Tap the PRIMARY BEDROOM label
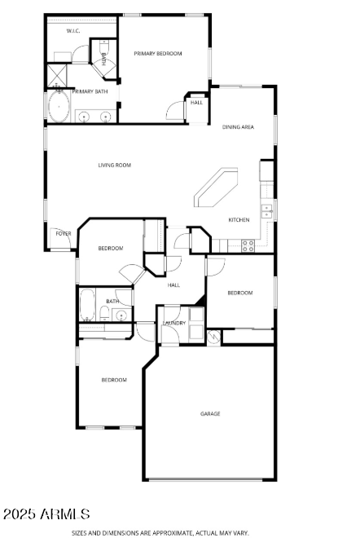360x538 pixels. [x=158, y=53]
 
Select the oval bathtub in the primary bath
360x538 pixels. [x=59, y=107]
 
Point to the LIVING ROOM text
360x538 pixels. [x=115, y=165]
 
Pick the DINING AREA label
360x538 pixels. [x=238, y=126]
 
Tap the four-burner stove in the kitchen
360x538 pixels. [x=247, y=244]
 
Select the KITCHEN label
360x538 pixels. [x=239, y=220]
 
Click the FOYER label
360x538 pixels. [x=64, y=234]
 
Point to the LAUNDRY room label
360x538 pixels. [x=174, y=323]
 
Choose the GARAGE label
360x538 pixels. [x=210, y=413]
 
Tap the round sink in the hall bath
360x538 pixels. [x=121, y=314]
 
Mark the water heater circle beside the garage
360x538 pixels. [x=213, y=336]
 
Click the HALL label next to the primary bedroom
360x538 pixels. [x=197, y=103]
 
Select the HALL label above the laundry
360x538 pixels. [x=173, y=285]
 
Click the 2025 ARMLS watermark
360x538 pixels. [x=46, y=514]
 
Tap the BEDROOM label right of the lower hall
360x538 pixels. [x=239, y=293]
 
